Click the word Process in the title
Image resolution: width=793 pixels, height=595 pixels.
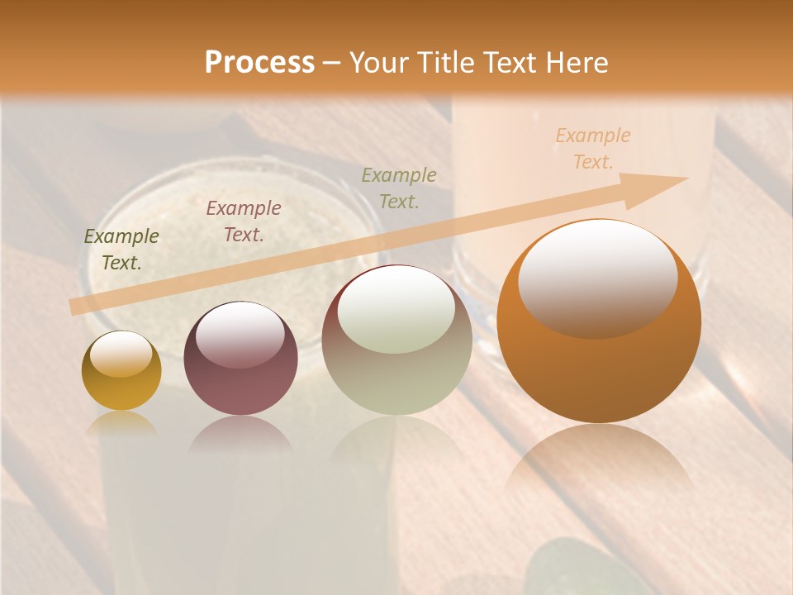tap(259, 63)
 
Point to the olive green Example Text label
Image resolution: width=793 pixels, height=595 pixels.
tap(121, 250)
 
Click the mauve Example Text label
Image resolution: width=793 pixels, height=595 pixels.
tap(244, 221)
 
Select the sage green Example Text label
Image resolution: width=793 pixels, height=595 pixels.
tap(399, 188)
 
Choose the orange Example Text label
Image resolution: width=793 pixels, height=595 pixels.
tap(593, 149)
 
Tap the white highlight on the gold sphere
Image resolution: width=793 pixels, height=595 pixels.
tap(121, 354)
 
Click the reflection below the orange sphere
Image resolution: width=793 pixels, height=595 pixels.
tap(599, 463)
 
